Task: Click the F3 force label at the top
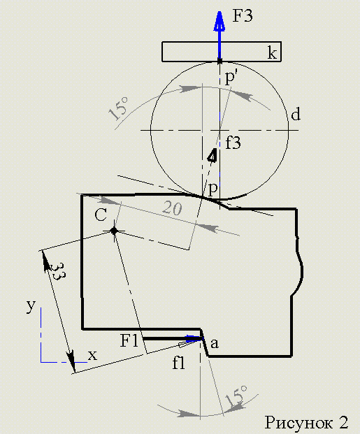click(243, 16)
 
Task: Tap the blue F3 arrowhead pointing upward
click(219, 21)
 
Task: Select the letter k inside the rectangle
click(272, 52)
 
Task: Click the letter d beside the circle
click(296, 114)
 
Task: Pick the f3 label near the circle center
click(233, 143)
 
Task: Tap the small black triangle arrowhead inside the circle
click(213, 155)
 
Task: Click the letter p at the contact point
click(213, 190)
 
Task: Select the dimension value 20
click(172, 208)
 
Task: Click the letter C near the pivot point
click(101, 215)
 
